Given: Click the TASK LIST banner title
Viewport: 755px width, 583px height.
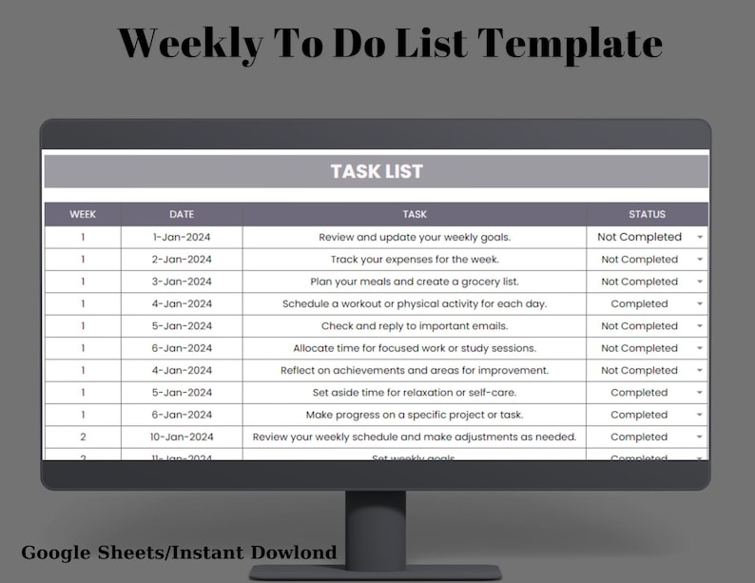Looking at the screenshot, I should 377,172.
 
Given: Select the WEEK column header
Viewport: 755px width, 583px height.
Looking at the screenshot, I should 83,214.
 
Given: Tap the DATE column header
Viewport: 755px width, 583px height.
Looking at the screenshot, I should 182,214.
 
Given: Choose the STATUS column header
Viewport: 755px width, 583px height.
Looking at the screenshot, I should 647,214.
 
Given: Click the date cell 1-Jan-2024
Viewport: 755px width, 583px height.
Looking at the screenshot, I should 182,237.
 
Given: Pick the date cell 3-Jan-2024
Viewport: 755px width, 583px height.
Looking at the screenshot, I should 182,282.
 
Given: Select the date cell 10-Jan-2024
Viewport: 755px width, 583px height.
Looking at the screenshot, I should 182,437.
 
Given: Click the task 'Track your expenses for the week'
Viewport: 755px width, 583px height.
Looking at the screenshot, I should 415,259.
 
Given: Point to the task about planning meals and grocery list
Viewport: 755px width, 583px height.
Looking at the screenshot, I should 415,282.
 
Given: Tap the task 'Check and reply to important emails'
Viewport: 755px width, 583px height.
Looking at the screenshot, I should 415,326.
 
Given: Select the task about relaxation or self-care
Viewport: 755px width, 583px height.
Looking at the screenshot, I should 415,392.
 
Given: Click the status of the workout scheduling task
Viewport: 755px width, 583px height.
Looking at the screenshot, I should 639,303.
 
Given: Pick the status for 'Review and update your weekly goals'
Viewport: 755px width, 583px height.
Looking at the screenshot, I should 639,237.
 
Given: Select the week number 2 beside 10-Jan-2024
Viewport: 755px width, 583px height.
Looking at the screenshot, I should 83,437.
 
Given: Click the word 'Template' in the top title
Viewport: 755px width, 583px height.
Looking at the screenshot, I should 570,44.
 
